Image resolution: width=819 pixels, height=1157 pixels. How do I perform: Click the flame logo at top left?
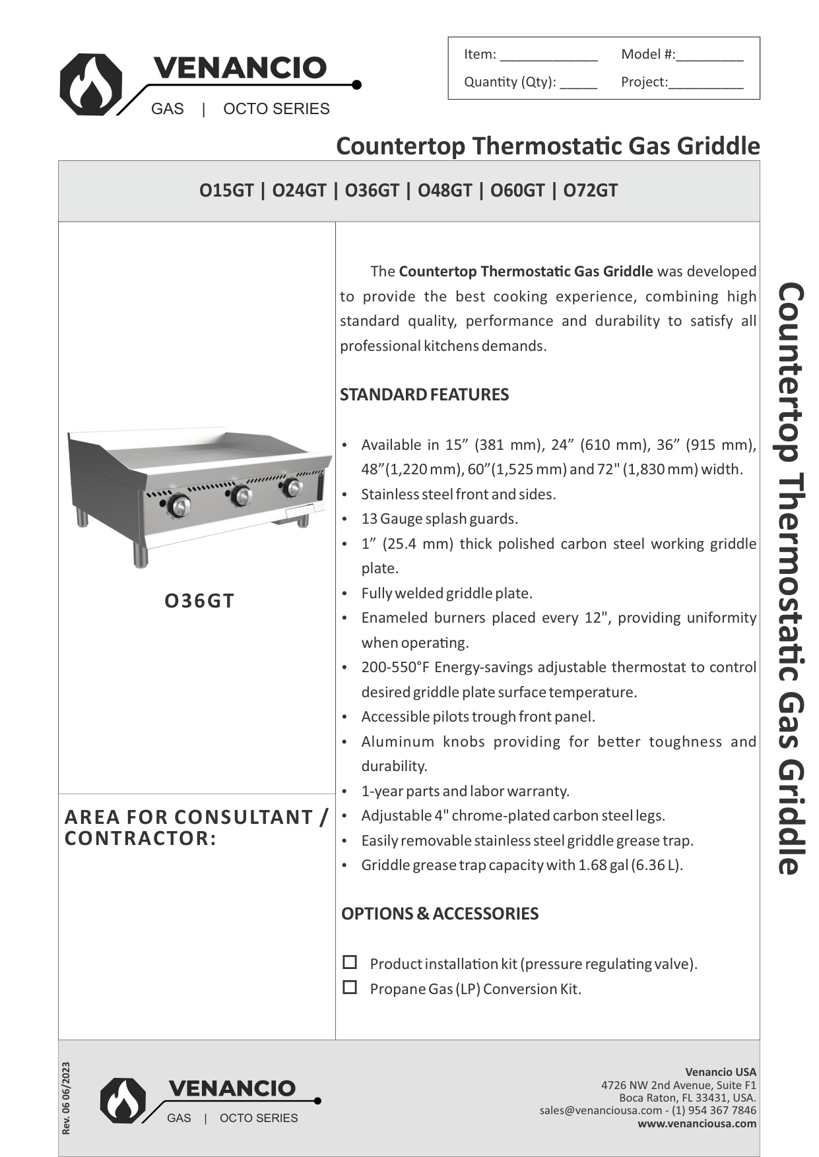(90, 84)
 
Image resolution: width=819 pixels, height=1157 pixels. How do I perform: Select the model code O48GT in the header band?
(445, 191)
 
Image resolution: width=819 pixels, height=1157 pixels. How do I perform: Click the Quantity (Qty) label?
(509, 82)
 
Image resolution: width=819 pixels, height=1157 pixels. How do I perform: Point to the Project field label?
(643, 82)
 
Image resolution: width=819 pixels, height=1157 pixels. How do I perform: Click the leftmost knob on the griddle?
(179, 506)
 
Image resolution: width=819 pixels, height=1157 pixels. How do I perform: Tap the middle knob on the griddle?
(242, 496)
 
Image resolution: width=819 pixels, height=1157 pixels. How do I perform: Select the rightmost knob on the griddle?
(292, 488)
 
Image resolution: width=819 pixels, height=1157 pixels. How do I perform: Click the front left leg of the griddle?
(140, 555)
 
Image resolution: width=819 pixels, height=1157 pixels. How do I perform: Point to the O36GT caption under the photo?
(199, 601)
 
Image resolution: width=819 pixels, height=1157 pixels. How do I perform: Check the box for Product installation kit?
(350, 962)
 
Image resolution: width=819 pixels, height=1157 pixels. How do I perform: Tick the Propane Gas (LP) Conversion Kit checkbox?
(350, 987)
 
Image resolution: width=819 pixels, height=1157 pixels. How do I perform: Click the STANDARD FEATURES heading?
(424, 394)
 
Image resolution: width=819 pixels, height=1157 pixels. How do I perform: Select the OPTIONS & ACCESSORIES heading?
(440, 914)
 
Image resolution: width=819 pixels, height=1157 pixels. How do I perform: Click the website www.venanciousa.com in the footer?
(697, 1123)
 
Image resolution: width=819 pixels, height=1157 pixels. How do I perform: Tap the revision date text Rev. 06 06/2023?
(65, 1098)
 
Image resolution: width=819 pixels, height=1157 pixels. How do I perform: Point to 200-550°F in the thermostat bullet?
(395, 667)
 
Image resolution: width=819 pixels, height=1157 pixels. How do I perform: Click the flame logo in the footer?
(123, 1100)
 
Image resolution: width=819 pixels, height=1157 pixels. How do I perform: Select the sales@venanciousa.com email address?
(600, 1110)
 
